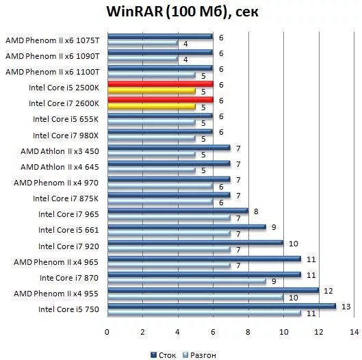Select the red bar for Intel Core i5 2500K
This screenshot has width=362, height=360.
(x=159, y=84)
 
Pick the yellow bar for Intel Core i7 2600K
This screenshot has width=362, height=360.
(x=151, y=107)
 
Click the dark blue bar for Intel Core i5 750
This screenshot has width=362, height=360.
(x=221, y=307)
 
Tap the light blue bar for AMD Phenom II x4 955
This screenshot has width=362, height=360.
(x=194, y=297)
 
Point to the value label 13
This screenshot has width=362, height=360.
(x=344, y=306)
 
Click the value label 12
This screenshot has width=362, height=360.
(x=327, y=290)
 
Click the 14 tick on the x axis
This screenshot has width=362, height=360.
(x=354, y=331)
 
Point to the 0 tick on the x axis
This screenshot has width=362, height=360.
(x=107, y=331)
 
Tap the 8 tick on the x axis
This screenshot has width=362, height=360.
(x=248, y=331)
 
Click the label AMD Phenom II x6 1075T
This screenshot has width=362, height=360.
(x=53, y=40)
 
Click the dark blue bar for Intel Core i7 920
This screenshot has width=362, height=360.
(x=194, y=243)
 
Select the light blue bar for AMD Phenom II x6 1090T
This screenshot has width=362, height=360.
(x=142, y=60)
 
